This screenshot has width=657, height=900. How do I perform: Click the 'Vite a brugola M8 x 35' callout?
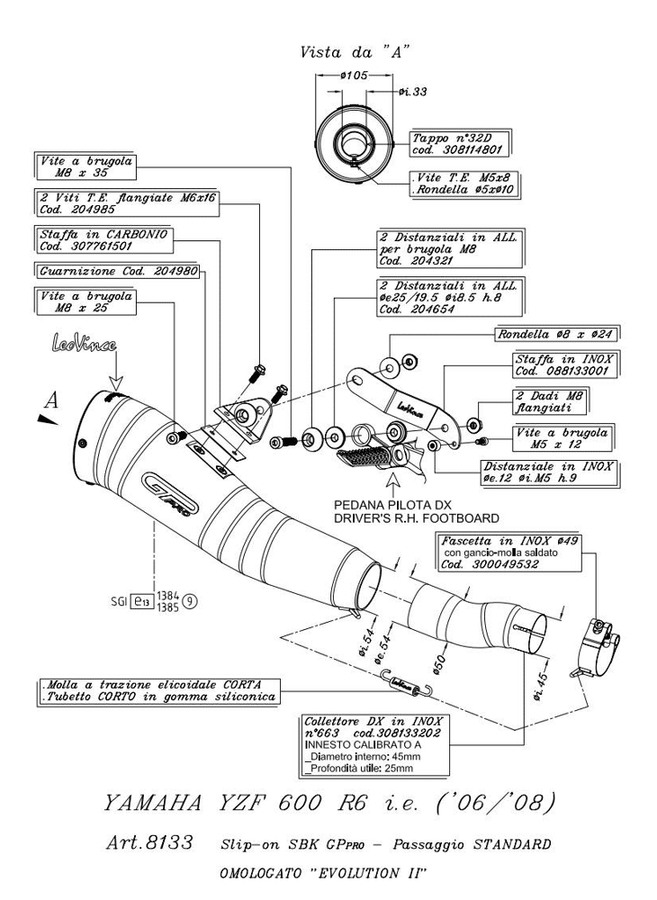[x=86, y=167]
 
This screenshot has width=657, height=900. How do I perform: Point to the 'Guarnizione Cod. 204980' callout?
[x=118, y=270]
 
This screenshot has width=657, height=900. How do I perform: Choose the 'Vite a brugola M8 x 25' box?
[x=86, y=301]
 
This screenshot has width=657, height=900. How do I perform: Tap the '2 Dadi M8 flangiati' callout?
[x=549, y=401]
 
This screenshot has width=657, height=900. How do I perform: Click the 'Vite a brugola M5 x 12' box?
[x=562, y=438]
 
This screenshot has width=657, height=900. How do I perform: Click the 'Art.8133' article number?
[x=148, y=844]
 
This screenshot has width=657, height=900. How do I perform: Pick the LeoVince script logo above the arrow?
[x=85, y=345]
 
